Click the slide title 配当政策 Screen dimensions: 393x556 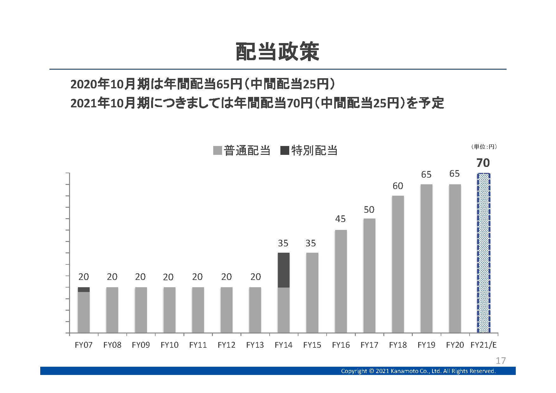(278, 52)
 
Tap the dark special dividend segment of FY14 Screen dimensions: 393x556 (284, 270)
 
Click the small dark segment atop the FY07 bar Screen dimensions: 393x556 (84, 289)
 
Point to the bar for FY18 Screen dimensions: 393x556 (398, 264)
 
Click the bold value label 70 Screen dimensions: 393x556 (483, 163)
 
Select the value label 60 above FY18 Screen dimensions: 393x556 (398, 186)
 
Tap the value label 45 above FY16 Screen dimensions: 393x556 (341, 219)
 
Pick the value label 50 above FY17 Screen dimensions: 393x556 (369, 210)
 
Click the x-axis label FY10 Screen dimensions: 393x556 (169, 345)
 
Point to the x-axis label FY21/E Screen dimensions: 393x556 (483, 345)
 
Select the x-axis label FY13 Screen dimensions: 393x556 (255, 345)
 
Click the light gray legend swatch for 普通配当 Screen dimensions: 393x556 (218, 150)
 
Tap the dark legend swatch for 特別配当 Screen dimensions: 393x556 (285, 150)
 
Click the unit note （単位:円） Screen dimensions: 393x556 (484, 147)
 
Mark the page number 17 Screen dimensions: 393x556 (501, 361)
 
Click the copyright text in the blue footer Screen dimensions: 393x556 (418, 371)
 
